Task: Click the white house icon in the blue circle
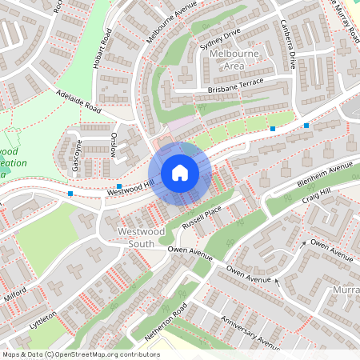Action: [180, 173]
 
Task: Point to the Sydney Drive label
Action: [220, 40]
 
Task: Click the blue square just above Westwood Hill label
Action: [119, 185]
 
